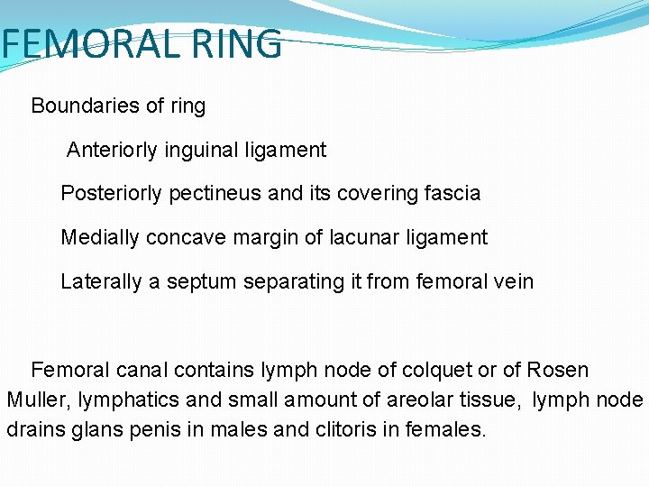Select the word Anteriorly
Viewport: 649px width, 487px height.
point(113,150)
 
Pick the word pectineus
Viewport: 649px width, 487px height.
point(215,193)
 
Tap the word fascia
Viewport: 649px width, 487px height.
point(452,193)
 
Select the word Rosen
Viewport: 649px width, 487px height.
point(558,370)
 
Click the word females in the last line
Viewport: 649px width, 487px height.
point(443,429)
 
